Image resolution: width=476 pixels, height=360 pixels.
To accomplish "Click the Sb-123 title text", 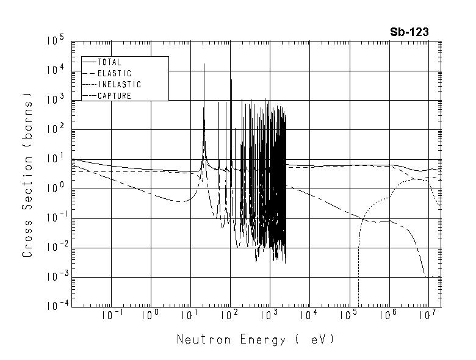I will click(x=409, y=32).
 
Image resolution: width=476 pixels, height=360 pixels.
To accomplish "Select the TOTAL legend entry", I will click(x=109, y=62).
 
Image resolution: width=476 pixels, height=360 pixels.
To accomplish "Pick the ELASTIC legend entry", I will click(x=114, y=73).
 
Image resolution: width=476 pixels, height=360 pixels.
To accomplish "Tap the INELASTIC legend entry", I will click(x=119, y=85).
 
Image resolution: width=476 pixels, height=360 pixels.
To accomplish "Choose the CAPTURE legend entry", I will click(x=114, y=96).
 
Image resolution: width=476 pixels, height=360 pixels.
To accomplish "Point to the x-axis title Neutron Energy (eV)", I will click(x=256, y=339).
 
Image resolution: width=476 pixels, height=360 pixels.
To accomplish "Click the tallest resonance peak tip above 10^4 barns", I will click(x=204, y=64).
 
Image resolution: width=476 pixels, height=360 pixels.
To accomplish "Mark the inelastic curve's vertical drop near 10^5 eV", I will click(x=358, y=268).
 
